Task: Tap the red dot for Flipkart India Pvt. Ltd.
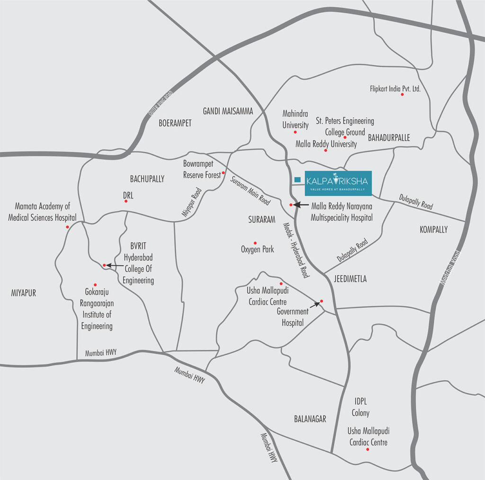click(403, 95)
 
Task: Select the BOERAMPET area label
click(175, 123)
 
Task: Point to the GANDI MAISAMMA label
click(228, 111)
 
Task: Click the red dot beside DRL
click(126, 201)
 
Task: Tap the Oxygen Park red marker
click(255, 243)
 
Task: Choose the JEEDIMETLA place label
click(350, 279)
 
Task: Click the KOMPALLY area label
click(433, 230)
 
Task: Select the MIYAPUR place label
click(24, 293)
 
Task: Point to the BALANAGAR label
click(310, 419)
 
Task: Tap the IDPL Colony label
click(360, 407)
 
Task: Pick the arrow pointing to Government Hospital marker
click(314, 305)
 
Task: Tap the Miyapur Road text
click(192, 202)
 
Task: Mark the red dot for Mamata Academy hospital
click(67, 227)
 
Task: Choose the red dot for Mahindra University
click(296, 132)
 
